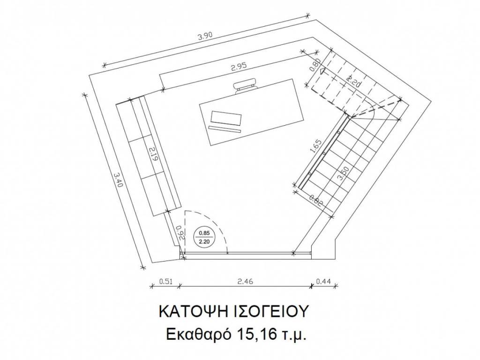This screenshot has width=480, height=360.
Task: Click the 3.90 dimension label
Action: point(205,37)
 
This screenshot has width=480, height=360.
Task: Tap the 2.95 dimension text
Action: point(239,67)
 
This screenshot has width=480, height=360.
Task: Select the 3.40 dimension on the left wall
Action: point(118,180)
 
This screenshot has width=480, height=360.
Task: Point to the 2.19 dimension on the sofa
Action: point(153,155)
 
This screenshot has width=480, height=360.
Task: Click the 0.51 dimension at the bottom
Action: point(166,281)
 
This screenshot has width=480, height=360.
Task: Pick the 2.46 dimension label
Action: point(245,281)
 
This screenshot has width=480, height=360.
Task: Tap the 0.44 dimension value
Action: point(323,281)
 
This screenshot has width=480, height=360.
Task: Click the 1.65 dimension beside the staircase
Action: point(316,146)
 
